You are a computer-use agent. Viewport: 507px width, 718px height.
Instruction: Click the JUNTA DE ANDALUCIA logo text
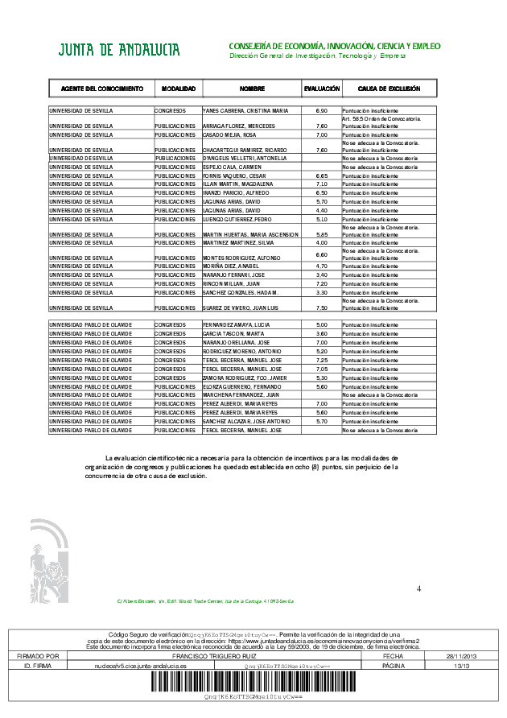(x=118, y=51)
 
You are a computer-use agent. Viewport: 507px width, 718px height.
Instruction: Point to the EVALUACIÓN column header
(x=321, y=88)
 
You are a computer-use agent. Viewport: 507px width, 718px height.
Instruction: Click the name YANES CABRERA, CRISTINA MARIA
(x=245, y=110)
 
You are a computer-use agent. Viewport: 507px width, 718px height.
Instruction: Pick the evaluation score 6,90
(x=321, y=110)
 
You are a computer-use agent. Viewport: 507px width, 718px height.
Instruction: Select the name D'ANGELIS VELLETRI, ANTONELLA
(x=245, y=158)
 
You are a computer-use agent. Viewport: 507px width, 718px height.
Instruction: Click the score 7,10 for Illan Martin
(x=321, y=184)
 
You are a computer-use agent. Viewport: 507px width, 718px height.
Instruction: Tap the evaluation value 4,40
(x=321, y=210)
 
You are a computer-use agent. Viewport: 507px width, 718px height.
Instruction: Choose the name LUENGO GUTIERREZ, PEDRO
(x=237, y=219)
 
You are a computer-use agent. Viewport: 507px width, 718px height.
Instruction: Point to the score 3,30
(x=321, y=291)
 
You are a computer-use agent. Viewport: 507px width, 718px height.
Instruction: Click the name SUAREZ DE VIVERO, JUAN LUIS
(x=241, y=307)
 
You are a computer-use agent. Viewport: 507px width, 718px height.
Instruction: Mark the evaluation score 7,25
(x=321, y=360)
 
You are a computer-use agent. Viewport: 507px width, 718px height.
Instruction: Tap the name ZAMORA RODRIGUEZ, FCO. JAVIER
(x=244, y=378)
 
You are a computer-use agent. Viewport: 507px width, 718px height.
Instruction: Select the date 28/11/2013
(x=461, y=657)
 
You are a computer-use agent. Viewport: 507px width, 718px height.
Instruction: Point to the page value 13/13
(x=461, y=666)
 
